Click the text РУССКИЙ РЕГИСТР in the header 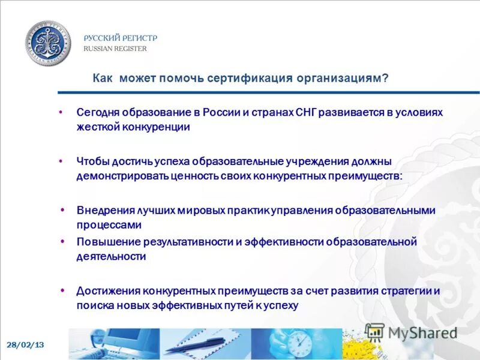(x=120, y=38)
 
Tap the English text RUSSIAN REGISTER (x=115, y=49)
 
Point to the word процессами (x=109, y=225)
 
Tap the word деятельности (x=111, y=256)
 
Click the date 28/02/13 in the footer (x=26, y=345)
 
